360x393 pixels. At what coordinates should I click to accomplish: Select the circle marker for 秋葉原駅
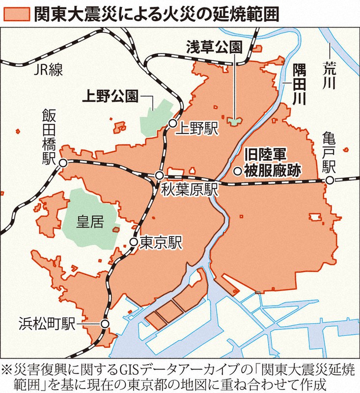point(159,175)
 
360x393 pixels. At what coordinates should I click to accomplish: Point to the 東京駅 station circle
point(133,242)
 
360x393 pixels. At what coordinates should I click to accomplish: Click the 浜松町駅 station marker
point(104,324)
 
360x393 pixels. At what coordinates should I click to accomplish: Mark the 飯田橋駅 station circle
point(63,163)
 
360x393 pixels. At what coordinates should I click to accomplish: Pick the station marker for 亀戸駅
point(330,181)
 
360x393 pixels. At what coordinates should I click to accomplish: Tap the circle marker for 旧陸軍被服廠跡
point(237,171)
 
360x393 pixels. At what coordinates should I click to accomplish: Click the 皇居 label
point(90,223)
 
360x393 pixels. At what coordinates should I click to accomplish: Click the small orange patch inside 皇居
point(115,228)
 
